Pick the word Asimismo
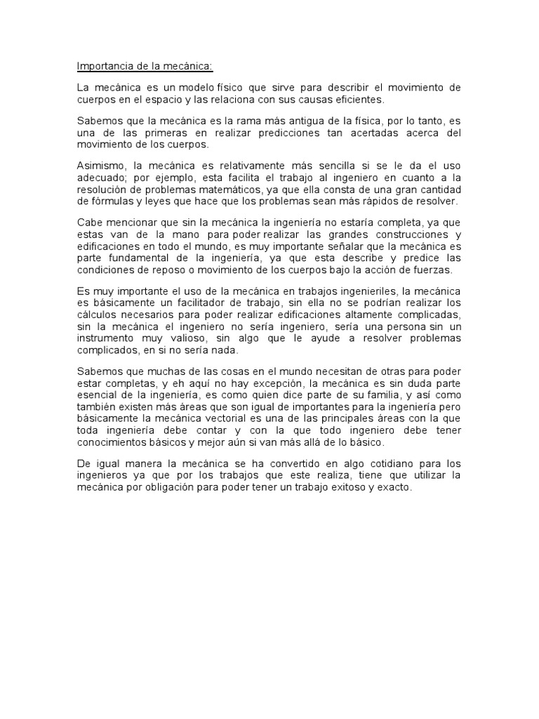(99, 166)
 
